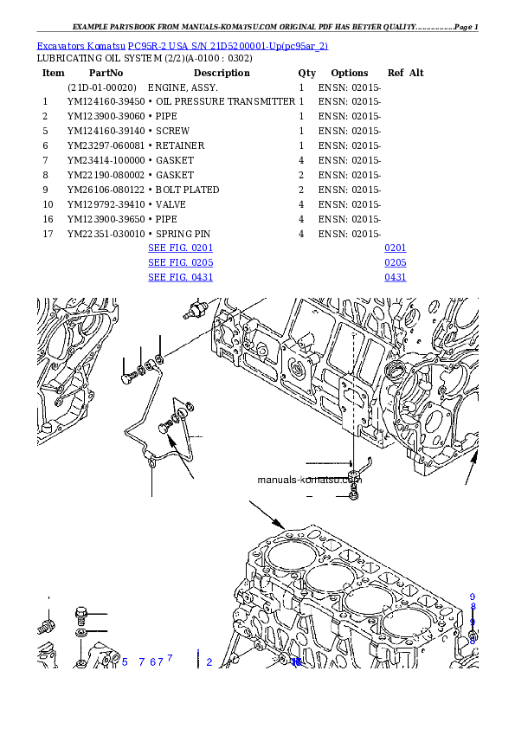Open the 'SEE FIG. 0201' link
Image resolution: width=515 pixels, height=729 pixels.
pos(180,248)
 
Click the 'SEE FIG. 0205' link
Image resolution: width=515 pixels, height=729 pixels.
pos(180,262)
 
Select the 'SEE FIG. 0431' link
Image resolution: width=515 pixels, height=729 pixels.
pos(180,278)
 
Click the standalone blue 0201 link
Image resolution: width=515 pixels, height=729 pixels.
pos(396,248)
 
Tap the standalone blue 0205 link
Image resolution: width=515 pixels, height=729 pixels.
pos(396,262)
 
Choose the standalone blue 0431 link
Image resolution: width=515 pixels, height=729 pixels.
pos(396,278)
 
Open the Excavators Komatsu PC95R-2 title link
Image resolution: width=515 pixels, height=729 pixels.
pos(182,45)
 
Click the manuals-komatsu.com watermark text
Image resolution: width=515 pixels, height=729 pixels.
pos(309,480)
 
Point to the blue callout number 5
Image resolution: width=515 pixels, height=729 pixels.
pos(125,662)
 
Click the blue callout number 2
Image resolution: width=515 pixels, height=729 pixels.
pos(209,662)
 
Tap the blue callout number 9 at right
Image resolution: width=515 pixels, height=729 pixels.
pos(473,597)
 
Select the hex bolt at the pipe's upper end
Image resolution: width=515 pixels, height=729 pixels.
pos(128,377)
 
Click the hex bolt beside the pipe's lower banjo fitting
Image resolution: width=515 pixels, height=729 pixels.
pos(166,427)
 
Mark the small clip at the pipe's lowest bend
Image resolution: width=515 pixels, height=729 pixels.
pos(152,461)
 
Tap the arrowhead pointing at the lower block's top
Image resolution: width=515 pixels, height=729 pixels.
pos(281,525)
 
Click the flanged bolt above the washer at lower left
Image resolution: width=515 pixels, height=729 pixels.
pos(82,616)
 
